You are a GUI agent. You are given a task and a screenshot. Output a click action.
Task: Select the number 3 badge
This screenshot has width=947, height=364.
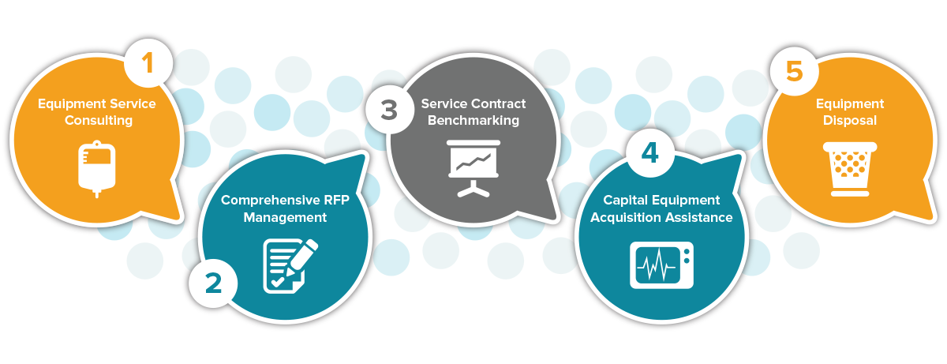click(388, 109)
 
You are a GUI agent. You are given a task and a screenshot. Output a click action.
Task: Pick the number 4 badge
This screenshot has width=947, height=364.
click(649, 153)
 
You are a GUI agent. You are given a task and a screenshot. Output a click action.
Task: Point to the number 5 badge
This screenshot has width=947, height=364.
click(794, 71)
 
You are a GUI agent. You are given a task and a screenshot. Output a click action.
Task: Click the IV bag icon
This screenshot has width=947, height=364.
click(98, 167)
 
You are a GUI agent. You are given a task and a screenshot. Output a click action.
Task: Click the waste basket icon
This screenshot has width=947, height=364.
click(851, 167)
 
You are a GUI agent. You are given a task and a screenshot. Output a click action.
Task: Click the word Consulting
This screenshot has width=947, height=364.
click(99, 121)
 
